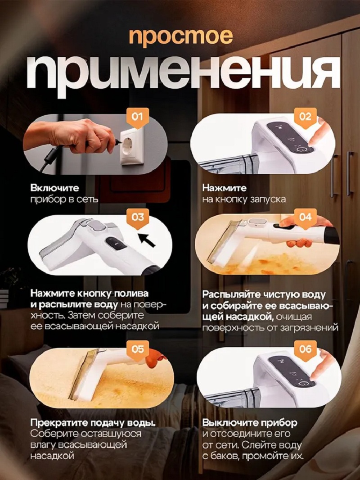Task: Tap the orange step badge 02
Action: [x=305, y=117]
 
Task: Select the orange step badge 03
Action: [x=137, y=217]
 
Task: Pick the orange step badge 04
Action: [x=305, y=217]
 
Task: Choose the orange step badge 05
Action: [x=137, y=349]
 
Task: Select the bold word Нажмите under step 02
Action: [x=225, y=188]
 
